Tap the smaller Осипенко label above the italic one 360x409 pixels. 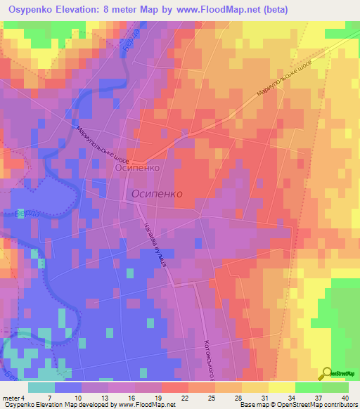[x=139, y=169]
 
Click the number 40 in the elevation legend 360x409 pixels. [x=345, y=398]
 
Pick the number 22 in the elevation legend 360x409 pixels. [x=184, y=398]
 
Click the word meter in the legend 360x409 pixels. [x=11, y=398]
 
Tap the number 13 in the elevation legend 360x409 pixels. [x=104, y=398]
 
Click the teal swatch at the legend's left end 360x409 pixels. [x=41, y=387]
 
